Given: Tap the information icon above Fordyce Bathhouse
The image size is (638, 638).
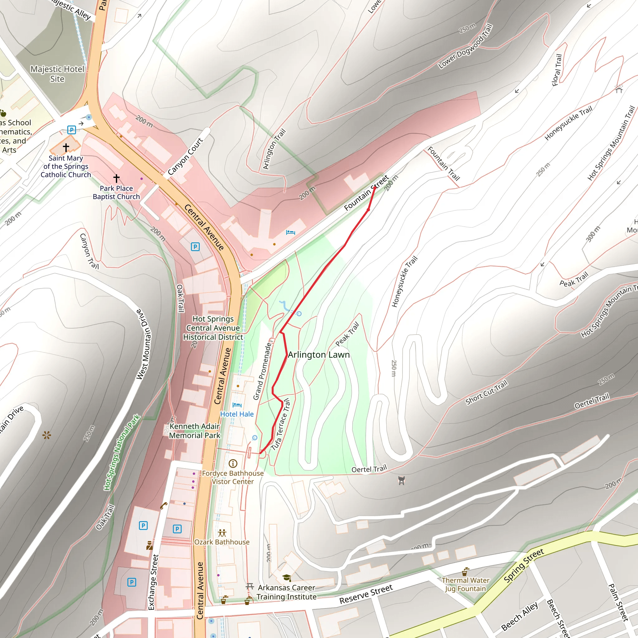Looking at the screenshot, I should (233, 464).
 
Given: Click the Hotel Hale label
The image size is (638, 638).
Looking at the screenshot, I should (237, 414).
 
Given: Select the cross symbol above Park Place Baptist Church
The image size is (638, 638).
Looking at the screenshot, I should (116, 178).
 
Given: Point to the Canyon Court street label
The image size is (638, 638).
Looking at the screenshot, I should (185, 156).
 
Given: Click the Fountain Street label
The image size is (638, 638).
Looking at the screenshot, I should (366, 193).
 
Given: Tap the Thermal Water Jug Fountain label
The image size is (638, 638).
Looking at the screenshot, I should (465, 584).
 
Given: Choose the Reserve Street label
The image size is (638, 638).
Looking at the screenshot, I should (366, 594).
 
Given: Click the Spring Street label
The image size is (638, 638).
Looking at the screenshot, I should (524, 566).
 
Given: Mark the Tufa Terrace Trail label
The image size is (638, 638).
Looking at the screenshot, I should (281, 424).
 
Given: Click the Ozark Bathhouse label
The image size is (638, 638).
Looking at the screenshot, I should (222, 542).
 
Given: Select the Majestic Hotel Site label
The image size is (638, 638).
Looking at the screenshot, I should (57, 74).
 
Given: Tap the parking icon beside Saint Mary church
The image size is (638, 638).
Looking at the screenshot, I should (72, 130).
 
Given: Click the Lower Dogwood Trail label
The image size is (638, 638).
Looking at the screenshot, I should (465, 46).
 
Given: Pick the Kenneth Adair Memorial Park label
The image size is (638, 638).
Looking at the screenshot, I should (194, 431).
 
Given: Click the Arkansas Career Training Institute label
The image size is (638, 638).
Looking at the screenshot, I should (286, 592).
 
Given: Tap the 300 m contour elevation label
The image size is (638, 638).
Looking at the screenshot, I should (593, 234).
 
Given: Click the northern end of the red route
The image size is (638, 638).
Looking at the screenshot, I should (375, 187).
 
